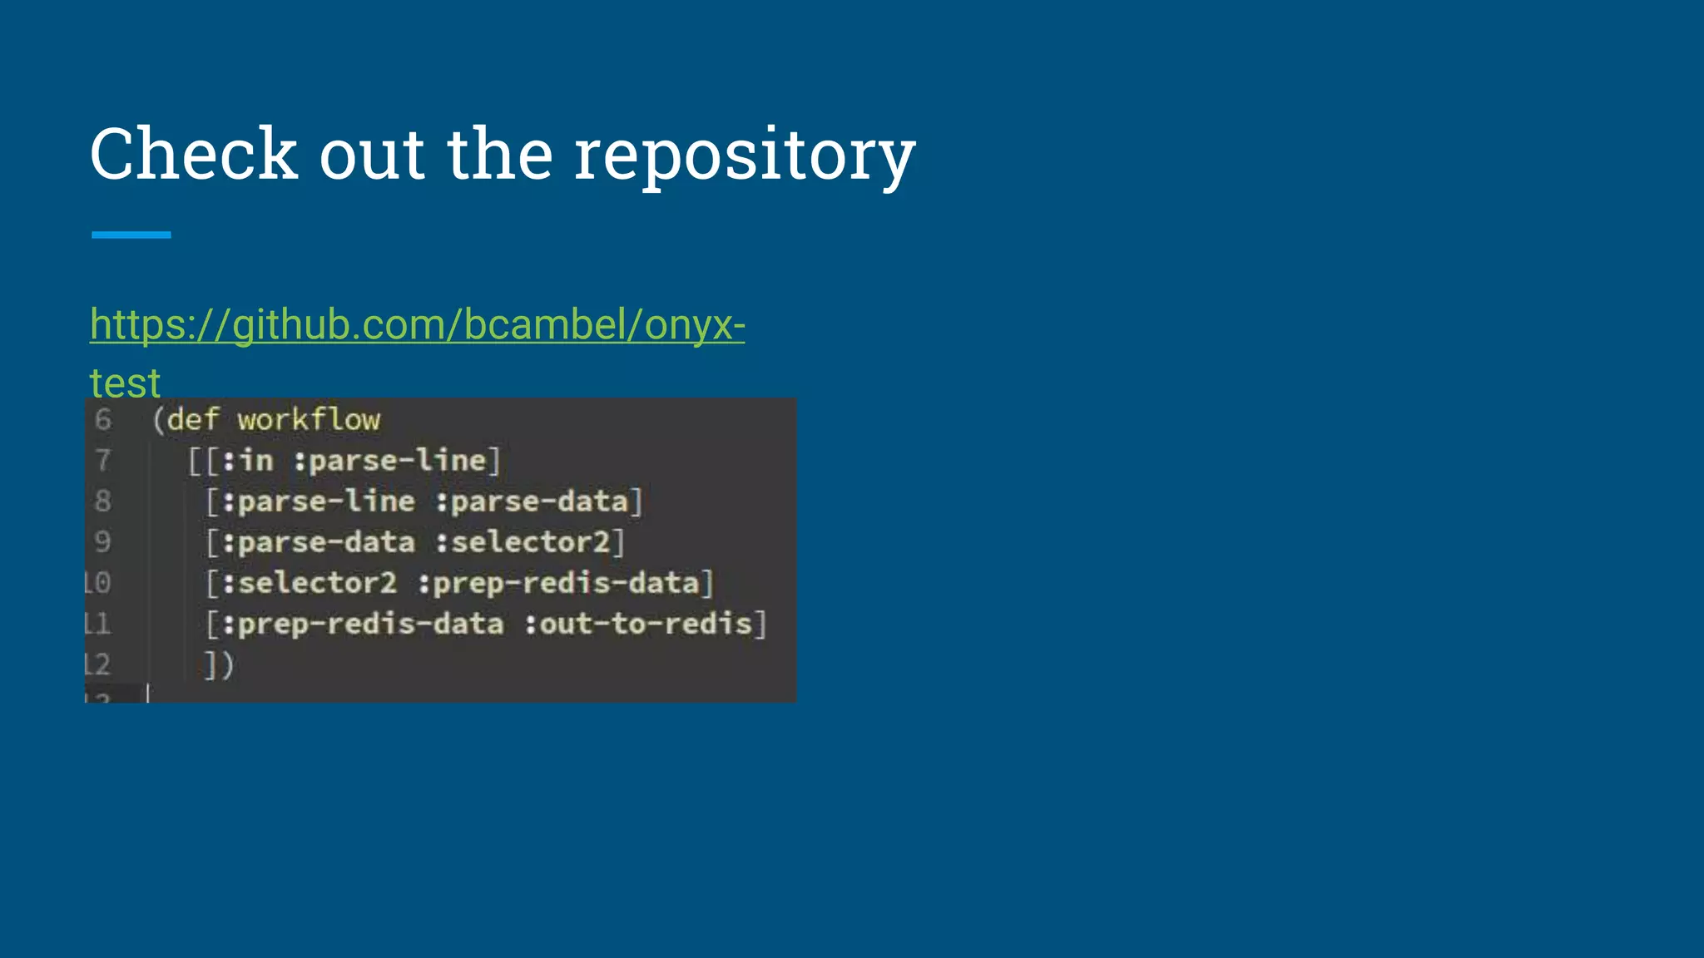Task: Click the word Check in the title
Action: (x=193, y=154)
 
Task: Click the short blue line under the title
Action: (x=131, y=235)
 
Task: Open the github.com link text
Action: (x=417, y=324)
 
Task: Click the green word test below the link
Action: (x=125, y=383)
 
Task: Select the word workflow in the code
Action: (x=309, y=420)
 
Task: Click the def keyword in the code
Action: (x=192, y=420)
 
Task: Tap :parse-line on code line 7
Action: (x=390, y=461)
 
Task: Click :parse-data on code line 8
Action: (x=532, y=501)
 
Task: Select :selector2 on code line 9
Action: (x=523, y=542)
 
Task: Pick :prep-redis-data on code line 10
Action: (x=558, y=583)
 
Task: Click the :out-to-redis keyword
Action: (x=638, y=624)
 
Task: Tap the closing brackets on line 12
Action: (x=219, y=664)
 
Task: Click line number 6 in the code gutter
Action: (x=102, y=420)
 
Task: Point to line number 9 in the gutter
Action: (x=102, y=542)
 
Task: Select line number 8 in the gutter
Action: (x=102, y=501)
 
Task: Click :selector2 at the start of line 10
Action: (x=310, y=583)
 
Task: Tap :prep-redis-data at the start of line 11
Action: (x=363, y=624)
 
